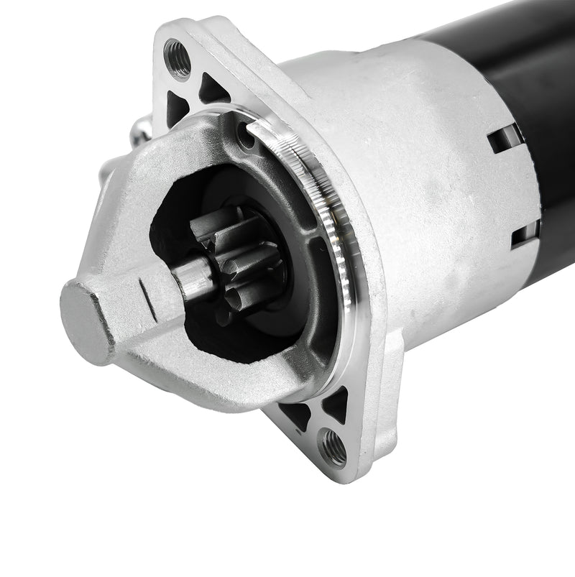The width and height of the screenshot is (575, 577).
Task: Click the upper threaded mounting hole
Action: tap(178, 58)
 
